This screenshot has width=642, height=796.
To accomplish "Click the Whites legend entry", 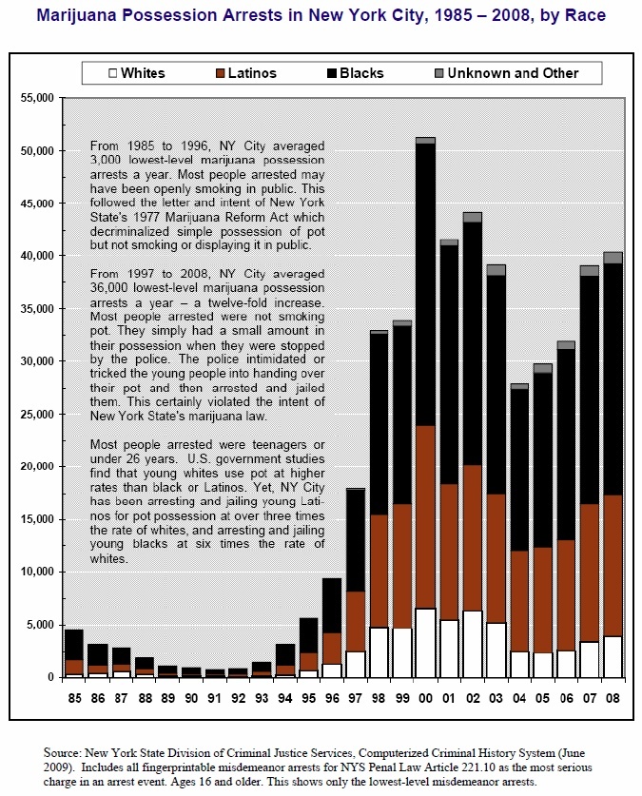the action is pyautogui.click(x=137, y=73).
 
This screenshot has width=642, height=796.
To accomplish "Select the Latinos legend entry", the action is pyautogui.click(x=246, y=73).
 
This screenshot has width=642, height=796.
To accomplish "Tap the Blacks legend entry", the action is pyautogui.click(x=356, y=73).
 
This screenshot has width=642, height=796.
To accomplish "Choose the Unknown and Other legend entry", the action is pyautogui.click(x=507, y=73).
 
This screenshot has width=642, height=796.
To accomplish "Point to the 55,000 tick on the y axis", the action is pyautogui.click(x=37, y=97).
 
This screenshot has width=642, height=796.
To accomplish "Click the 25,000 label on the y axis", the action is pyautogui.click(x=37, y=414).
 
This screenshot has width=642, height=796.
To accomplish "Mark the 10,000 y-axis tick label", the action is pyautogui.click(x=37, y=572).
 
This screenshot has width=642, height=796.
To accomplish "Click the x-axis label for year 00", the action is pyautogui.click(x=425, y=699).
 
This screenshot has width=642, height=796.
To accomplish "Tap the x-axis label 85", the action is pyautogui.click(x=74, y=699).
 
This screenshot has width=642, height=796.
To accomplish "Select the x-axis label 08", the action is pyautogui.click(x=613, y=699).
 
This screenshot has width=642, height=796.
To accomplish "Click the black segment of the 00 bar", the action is pyautogui.click(x=425, y=284).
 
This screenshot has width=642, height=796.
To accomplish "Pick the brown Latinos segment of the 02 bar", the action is pyautogui.click(x=473, y=537).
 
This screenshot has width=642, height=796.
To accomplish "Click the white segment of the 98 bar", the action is pyautogui.click(x=379, y=652).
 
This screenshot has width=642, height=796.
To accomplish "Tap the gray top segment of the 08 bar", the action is pyautogui.click(x=613, y=258).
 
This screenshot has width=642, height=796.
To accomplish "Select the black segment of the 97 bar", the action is pyautogui.click(x=356, y=540).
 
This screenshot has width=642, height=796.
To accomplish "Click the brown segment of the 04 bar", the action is pyautogui.click(x=519, y=602).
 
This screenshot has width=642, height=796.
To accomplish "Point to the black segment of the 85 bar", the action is pyautogui.click(x=74, y=645).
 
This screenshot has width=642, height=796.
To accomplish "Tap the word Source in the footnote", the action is pyautogui.click(x=62, y=753).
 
